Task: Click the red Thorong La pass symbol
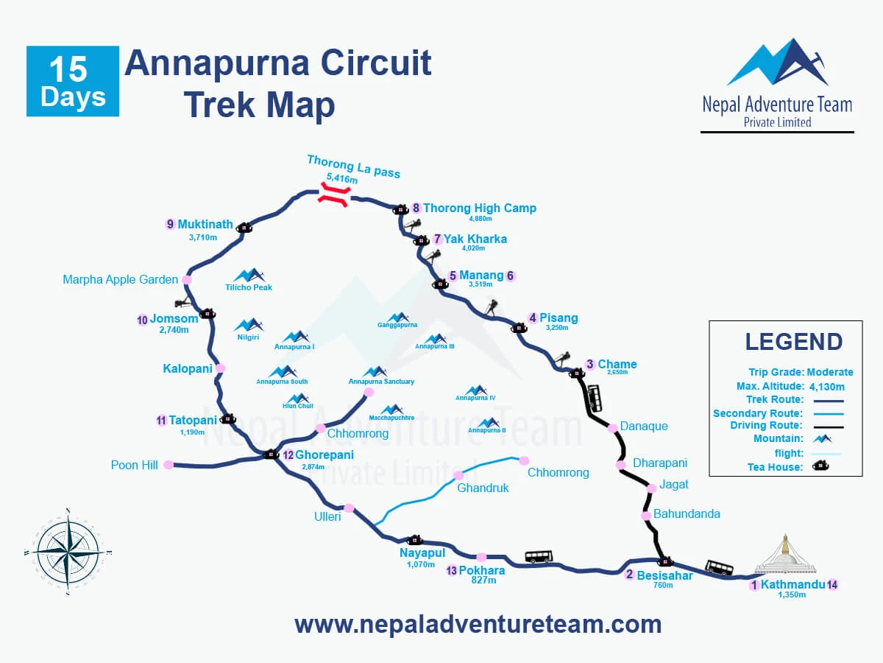(333, 194)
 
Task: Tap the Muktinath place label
(205, 224)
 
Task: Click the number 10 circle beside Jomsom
(142, 320)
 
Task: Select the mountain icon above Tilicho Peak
(249, 275)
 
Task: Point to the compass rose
(66, 551)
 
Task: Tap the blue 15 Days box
(73, 81)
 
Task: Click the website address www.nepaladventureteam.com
(478, 625)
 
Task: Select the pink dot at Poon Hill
(169, 464)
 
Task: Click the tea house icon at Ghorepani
(271, 454)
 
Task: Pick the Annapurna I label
(294, 346)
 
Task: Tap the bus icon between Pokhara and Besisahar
(538, 557)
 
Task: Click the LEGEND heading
(793, 342)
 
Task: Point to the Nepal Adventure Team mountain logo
(778, 63)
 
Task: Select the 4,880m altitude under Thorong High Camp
(480, 219)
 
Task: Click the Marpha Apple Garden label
(120, 279)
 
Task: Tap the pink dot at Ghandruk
(458, 475)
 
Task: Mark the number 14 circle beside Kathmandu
(832, 585)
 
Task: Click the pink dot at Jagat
(651, 488)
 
